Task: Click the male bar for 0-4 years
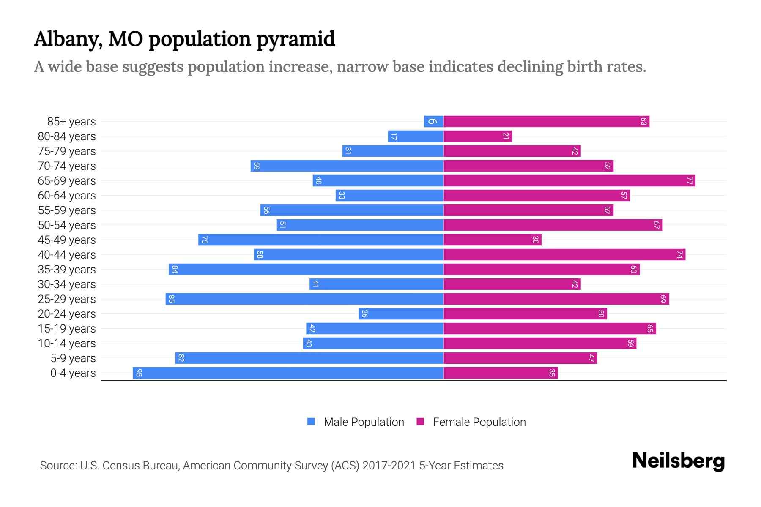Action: click(287, 373)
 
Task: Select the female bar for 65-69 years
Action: click(569, 181)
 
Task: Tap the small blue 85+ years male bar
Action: click(434, 122)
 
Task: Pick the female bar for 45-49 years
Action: click(492, 240)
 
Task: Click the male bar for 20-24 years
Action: click(401, 313)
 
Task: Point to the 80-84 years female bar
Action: click(477, 136)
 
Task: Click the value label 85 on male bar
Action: click(172, 299)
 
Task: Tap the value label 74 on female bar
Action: click(679, 254)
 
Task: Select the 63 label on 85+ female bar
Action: click(643, 122)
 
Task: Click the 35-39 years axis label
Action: click(67, 270)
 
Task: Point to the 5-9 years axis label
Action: click(73, 358)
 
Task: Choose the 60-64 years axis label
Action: click(67, 196)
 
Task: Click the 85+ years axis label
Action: click(71, 122)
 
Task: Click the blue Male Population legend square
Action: click(311, 422)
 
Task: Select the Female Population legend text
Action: click(479, 422)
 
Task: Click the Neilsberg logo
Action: click(678, 461)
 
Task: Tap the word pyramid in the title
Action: click(296, 39)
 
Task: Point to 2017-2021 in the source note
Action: click(389, 466)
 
